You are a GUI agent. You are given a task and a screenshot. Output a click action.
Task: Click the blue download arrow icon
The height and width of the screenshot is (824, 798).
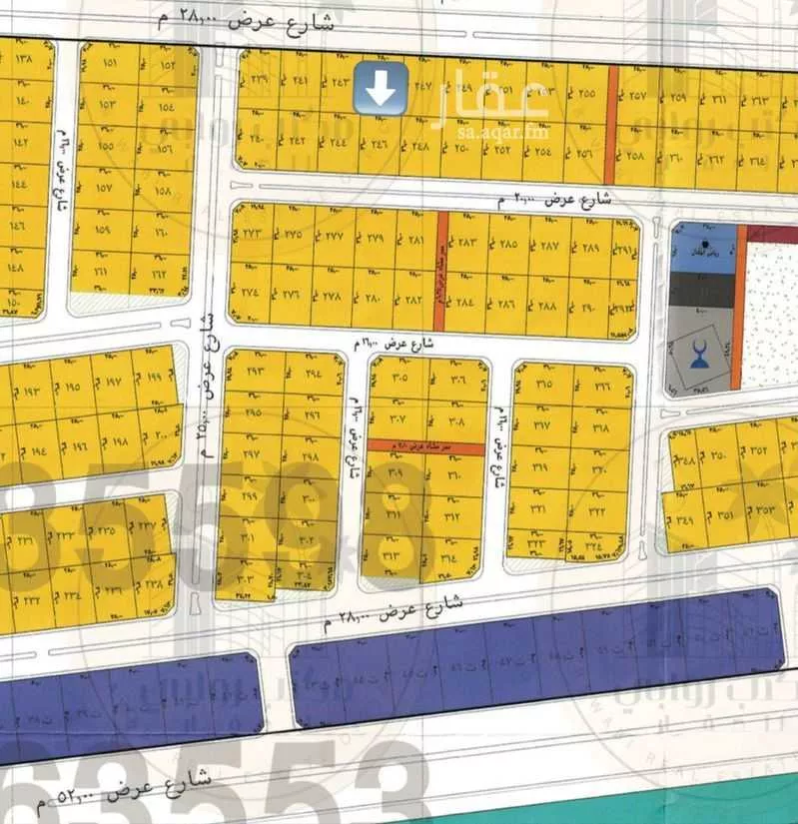click(380, 88)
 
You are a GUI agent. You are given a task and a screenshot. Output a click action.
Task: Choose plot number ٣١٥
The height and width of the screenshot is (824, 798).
click(544, 385)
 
